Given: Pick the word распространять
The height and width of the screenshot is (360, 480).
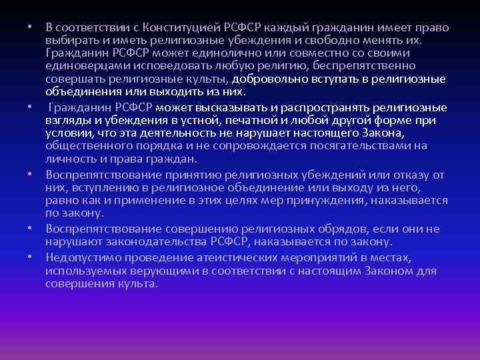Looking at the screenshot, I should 320,107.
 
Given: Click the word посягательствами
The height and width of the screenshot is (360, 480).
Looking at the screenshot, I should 370,145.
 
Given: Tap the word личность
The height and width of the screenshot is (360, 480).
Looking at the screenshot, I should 69,157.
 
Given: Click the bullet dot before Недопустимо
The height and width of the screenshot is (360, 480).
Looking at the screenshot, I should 31,257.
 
